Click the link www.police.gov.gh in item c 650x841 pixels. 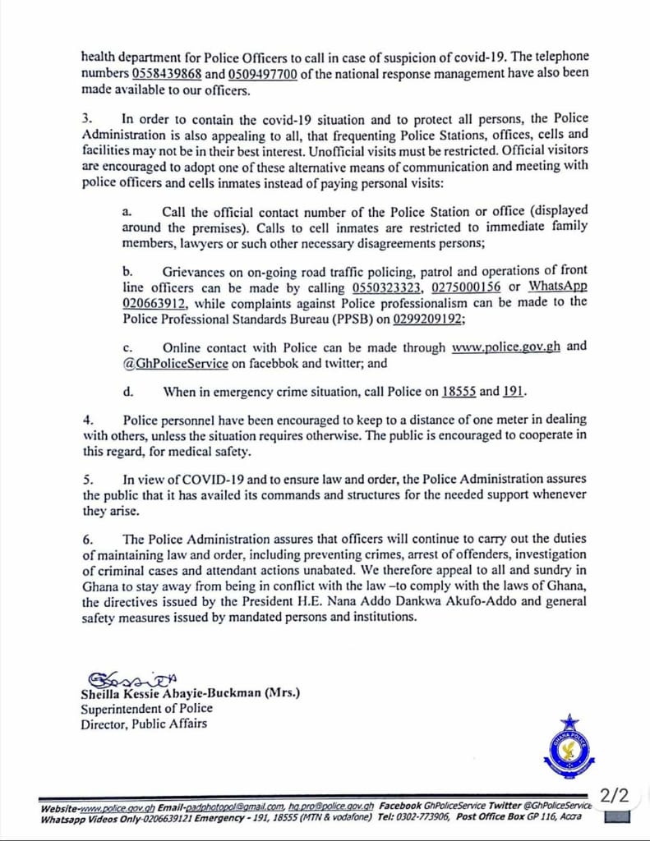tap(506, 347)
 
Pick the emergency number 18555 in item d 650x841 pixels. tap(458, 392)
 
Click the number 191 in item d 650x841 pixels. tap(514, 392)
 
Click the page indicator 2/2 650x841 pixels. tap(615, 795)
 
